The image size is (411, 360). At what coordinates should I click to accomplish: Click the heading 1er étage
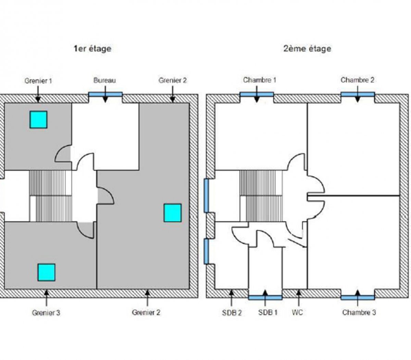pyautogui.click(x=92, y=49)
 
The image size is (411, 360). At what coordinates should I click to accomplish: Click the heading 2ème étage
pyautogui.click(x=307, y=49)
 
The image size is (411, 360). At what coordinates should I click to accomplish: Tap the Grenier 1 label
pyautogui.click(x=38, y=81)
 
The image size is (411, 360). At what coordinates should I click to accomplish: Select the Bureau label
pyautogui.click(x=104, y=81)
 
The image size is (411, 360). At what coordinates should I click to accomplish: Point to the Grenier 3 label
pyautogui.click(x=46, y=313)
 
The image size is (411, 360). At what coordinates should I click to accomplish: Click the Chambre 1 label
pyautogui.click(x=260, y=80)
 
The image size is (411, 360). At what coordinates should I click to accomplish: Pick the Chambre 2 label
pyautogui.click(x=357, y=80)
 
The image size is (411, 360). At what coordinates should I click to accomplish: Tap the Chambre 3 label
pyautogui.click(x=359, y=313)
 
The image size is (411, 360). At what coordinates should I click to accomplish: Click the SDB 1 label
pyautogui.click(x=268, y=313)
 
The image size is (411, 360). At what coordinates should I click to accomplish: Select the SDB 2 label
pyautogui.click(x=232, y=313)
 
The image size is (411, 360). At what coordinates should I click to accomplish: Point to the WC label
pyautogui.click(x=298, y=313)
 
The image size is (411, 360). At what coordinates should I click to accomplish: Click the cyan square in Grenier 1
pyautogui.click(x=38, y=120)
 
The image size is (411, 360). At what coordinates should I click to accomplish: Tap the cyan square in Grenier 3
pyautogui.click(x=46, y=272)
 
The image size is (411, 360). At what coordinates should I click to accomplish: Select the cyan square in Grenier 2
pyautogui.click(x=172, y=213)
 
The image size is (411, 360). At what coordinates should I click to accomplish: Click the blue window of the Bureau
pyautogui.click(x=105, y=94)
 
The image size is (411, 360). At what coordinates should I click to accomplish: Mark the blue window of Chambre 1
pyautogui.click(x=257, y=94)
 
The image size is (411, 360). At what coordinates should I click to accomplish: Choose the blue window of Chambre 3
pyautogui.click(x=358, y=297)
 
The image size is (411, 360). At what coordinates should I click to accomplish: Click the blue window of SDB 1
pyautogui.click(x=265, y=297)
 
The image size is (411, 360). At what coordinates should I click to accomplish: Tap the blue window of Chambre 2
pyautogui.click(x=358, y=94)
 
